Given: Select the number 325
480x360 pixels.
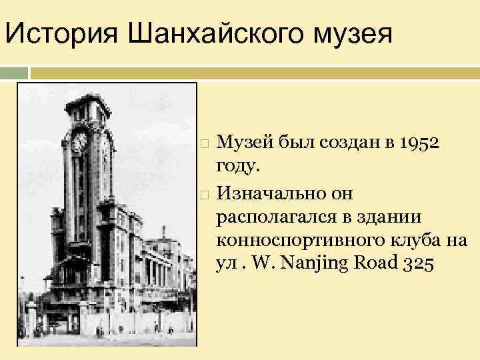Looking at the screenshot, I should [419, 264].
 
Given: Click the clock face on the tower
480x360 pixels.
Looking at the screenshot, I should [79, 141].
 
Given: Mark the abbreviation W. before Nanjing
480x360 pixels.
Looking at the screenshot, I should [270, 264].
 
